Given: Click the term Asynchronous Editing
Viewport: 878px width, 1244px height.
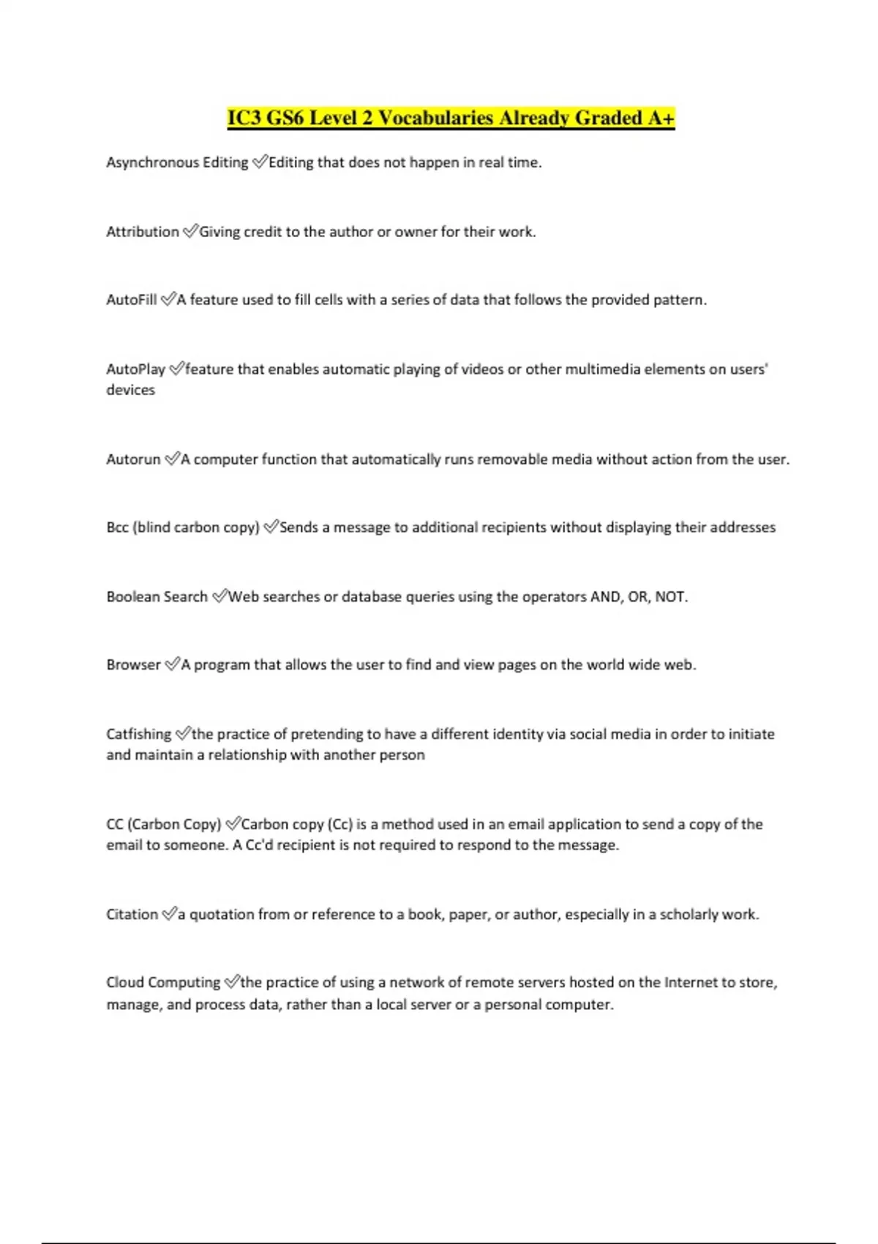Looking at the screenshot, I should tap(177, 162).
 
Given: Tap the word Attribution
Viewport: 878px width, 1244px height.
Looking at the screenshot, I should tap(143, 232).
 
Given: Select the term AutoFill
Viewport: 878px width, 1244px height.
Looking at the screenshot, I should tap(132, 300).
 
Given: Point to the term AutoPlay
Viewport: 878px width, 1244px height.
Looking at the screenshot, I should tap(135, 370).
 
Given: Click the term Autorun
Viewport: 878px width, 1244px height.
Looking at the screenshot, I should tap(133, 460).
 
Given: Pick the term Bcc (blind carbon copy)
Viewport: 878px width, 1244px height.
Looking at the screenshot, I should tap(183, 528).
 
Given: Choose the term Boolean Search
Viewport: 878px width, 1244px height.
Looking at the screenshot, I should tap(157, 597).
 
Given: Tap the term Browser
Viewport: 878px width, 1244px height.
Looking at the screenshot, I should tap(133, 665).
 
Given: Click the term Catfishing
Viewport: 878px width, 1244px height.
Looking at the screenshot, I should tap(138, 734).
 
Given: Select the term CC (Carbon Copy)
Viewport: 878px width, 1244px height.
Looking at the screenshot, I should tap(163, 825).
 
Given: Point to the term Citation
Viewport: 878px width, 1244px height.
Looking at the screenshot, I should tap(132, 915).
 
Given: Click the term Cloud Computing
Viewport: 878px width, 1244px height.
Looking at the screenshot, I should tap(163, 983).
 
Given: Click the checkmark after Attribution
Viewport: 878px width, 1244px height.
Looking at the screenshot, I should tap(190, 232).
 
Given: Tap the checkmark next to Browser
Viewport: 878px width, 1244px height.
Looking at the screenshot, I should tap(171, 665).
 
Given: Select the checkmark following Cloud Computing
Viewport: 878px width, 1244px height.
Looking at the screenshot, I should tap(231, 983).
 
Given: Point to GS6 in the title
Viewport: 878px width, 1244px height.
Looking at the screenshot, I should tap(285, 118).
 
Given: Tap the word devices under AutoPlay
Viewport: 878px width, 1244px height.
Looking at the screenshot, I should tap(130, 390).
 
